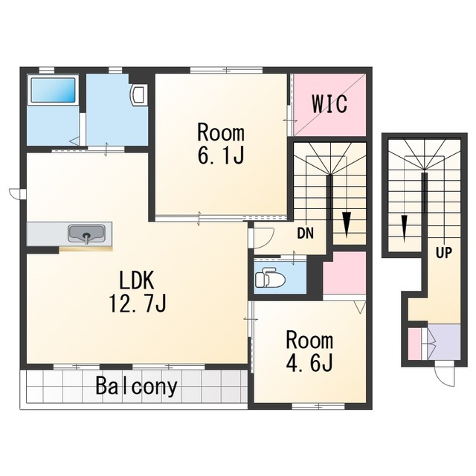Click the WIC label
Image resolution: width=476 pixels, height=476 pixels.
[329, 104]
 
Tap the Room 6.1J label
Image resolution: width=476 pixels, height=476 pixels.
[221, 144]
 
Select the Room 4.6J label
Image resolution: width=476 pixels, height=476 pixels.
[309, 351]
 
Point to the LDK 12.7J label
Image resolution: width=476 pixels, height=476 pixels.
[138, 292]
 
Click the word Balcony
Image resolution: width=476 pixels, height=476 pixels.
[136, 386]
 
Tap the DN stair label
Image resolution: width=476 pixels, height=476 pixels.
[306, 233]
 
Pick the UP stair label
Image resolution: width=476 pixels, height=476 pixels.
[444, 253]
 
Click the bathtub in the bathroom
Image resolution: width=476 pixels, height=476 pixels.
[53, 91]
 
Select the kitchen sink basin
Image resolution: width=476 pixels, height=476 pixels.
[87, 234]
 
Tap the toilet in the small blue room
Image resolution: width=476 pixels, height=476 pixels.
[270, 277]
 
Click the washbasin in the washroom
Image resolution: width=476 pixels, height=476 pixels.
[139, 94]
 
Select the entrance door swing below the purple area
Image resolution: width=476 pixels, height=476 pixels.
[446, 373]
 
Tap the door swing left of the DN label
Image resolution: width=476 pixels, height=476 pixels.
[263, 237]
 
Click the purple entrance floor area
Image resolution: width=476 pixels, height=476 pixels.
[444, 342]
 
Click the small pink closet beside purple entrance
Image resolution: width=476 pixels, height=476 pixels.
[414, 343]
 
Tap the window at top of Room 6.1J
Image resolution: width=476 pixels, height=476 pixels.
[226, 70]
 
